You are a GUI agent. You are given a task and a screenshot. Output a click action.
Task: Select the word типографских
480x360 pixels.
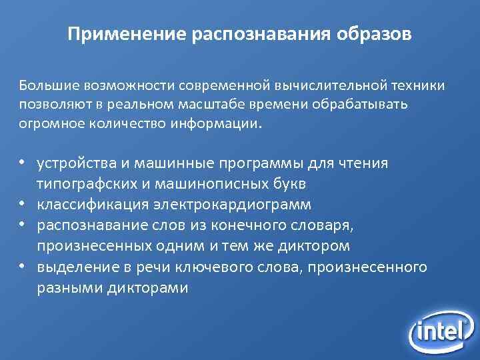click(83, 183)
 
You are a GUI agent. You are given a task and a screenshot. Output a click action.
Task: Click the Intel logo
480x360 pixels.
click(439, 327)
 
